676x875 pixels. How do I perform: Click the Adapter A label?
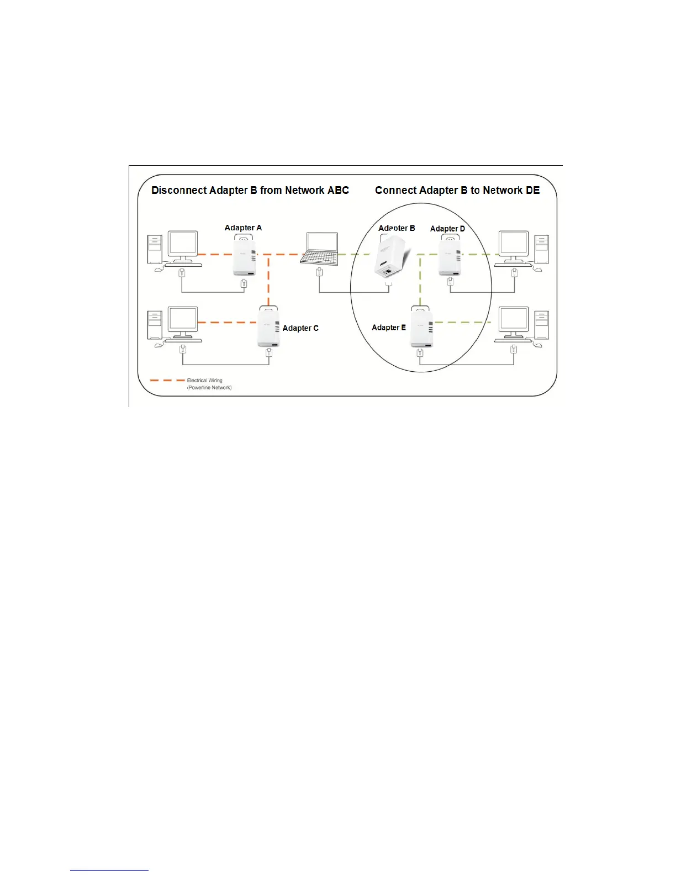point(243,228)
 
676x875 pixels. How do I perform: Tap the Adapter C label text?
point(300,328)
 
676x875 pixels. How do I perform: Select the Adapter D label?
point(447,229)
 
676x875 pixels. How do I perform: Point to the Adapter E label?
point(389,328)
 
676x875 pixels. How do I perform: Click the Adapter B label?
point(397,228)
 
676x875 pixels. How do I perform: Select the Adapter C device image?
point(268,326)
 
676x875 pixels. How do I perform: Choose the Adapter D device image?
point(450,255)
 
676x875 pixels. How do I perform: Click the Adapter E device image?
point(421,326)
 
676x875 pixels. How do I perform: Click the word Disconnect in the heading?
point(177,191)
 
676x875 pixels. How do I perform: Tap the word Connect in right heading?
point(395,191)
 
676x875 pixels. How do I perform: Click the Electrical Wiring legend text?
point(205,381)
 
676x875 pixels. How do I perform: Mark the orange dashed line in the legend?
point(167,381)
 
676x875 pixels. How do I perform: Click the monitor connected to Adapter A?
point(183,246)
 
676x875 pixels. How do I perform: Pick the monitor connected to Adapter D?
point(514,246)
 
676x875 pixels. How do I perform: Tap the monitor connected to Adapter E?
point(514,322)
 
